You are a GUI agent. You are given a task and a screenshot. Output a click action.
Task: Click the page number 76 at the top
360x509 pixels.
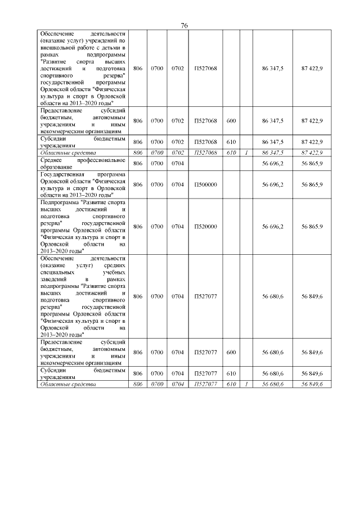184,26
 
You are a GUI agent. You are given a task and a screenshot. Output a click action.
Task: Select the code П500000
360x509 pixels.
202,184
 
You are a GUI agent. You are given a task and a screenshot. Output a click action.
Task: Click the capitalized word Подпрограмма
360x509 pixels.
60,201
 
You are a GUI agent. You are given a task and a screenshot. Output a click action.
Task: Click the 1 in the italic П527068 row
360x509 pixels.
246,152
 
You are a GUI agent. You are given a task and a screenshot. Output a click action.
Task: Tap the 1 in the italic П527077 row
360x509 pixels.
246,384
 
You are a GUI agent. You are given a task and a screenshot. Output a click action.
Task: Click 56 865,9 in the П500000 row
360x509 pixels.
312,184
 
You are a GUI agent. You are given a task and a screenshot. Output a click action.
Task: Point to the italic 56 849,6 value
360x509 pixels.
312,384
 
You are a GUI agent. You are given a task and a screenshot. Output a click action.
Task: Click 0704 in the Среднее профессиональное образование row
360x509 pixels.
178,163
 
